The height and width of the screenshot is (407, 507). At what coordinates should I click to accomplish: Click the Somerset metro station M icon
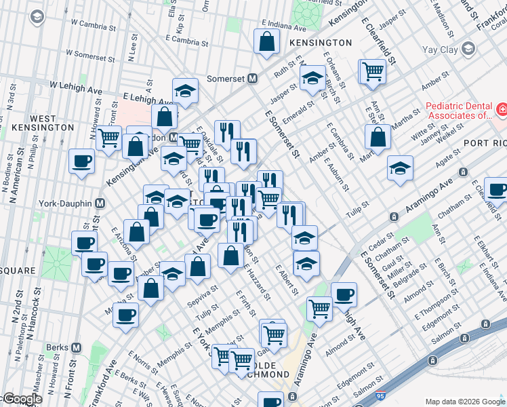[251, 78]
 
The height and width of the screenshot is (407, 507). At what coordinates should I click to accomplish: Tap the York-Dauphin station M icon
[100, 203]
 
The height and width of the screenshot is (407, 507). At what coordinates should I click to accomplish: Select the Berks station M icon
[76, 347]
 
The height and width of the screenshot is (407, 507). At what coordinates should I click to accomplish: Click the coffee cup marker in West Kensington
[83, 162]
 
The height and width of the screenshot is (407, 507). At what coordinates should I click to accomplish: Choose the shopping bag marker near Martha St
[378, 136]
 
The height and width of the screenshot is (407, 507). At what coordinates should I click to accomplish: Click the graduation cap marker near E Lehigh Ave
[185, 90]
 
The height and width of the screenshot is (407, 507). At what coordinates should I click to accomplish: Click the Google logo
[22, 400]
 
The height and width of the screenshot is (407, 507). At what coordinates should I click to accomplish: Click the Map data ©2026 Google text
[465, 401]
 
